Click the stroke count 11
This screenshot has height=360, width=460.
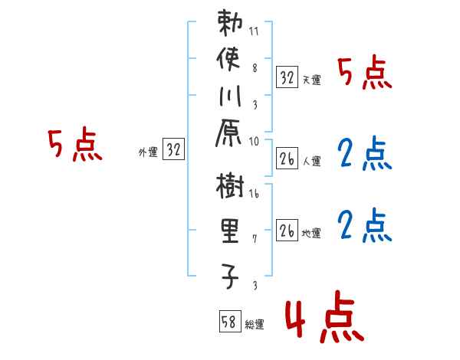[x=254, y=32]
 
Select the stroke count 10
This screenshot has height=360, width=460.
[x=254, y=141]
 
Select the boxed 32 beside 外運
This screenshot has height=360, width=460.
[x=173, y=150]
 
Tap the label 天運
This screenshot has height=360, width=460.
[x=311, y=80]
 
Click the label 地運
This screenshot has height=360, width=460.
[x=311, y=233]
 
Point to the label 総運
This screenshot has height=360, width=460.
[x=255, y=325]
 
